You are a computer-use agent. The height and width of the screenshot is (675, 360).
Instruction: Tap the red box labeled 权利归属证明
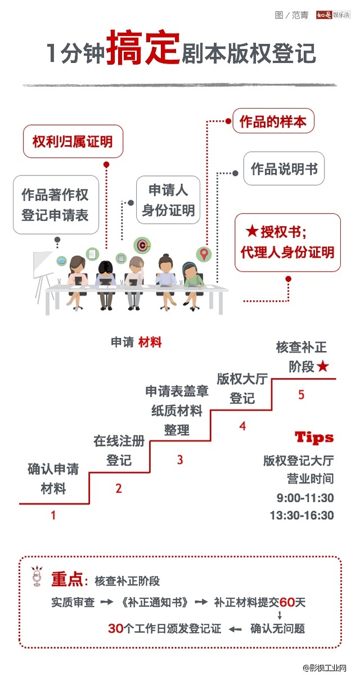coord(73,141)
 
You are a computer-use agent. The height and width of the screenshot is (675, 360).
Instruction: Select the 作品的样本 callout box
coord(273,122)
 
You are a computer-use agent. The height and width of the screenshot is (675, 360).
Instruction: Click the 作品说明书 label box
coord(284,169)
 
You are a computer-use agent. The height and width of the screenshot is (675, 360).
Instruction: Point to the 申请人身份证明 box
coord(168,200)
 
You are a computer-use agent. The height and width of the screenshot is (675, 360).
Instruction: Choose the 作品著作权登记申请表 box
coord(55,205)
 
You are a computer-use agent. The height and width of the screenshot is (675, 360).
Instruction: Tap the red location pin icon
coord(204,254)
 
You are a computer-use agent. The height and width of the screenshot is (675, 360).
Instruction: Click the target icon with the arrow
coord(142,245)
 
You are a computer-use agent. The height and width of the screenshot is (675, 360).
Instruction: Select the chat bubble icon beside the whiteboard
coord(62,260)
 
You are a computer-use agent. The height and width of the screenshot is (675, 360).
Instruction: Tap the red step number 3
coord(180,460)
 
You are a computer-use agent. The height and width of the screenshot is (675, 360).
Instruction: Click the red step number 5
coord(301,395)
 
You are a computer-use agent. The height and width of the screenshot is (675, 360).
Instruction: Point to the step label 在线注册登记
coord(119,450)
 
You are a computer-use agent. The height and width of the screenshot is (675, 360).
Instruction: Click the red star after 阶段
coord(322,367)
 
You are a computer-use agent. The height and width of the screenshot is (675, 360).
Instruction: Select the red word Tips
coord(314,437)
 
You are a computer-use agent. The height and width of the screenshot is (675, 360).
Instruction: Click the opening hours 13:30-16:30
coord(301,515)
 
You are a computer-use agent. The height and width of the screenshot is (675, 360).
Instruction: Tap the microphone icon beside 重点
coord(38,578)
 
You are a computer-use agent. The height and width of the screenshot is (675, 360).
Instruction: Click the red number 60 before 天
coord(287,602)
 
